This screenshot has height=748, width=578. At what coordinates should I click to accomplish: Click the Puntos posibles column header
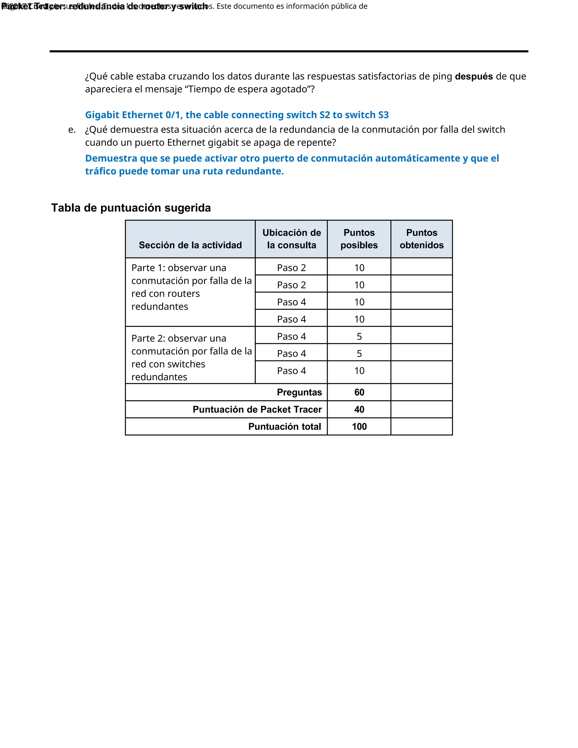pos(359,239)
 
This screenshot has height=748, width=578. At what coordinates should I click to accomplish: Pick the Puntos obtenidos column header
pos(422,239)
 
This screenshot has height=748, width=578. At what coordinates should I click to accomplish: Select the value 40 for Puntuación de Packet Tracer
pos(359,409)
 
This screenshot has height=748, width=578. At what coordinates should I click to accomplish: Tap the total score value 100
pos(359,427)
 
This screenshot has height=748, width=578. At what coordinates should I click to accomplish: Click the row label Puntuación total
pos(284,427)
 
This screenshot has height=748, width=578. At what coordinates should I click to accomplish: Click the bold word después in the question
pos(474,76)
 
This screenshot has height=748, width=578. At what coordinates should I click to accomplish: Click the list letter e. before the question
pos(72,130)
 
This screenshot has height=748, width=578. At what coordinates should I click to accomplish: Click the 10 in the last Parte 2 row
pos(359,371)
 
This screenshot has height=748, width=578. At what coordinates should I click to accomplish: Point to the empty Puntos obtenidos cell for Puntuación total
pos(422,427)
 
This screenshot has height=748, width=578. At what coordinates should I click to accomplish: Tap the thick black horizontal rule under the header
pos(289,51)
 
